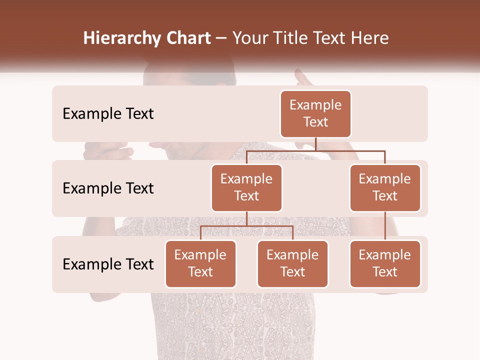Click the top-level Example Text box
pos(315,113)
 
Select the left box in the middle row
pos(246,187)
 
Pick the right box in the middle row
pos(385,187)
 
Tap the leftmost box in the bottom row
pos(200,263)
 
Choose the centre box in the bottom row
pos(292,263)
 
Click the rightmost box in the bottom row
pos(385,263)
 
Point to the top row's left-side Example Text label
pos(108,114)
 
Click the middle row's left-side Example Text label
pos(108,188)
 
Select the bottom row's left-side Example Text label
pos(108,264)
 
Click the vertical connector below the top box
pos(315,144)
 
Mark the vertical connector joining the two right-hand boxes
pos(385,226)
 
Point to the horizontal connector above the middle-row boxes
pos(315,150)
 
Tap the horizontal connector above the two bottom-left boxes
pos(246,226)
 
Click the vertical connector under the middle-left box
pos(246,218)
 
